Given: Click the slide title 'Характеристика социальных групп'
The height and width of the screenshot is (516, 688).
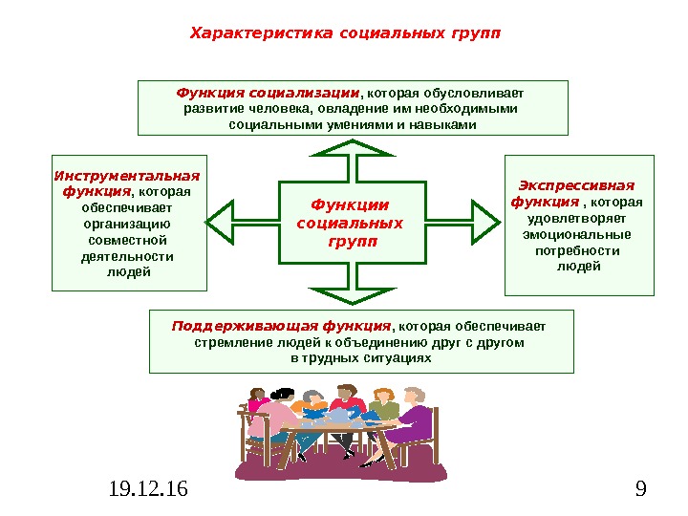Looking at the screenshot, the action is pos(345,34).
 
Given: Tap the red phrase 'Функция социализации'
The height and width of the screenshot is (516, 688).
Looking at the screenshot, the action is pos(269,93).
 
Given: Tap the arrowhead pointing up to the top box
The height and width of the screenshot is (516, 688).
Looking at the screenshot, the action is pos(353,149).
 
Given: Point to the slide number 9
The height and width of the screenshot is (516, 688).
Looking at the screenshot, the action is pos(639,490).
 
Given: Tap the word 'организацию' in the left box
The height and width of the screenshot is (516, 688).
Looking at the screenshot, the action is pos(129,223).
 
